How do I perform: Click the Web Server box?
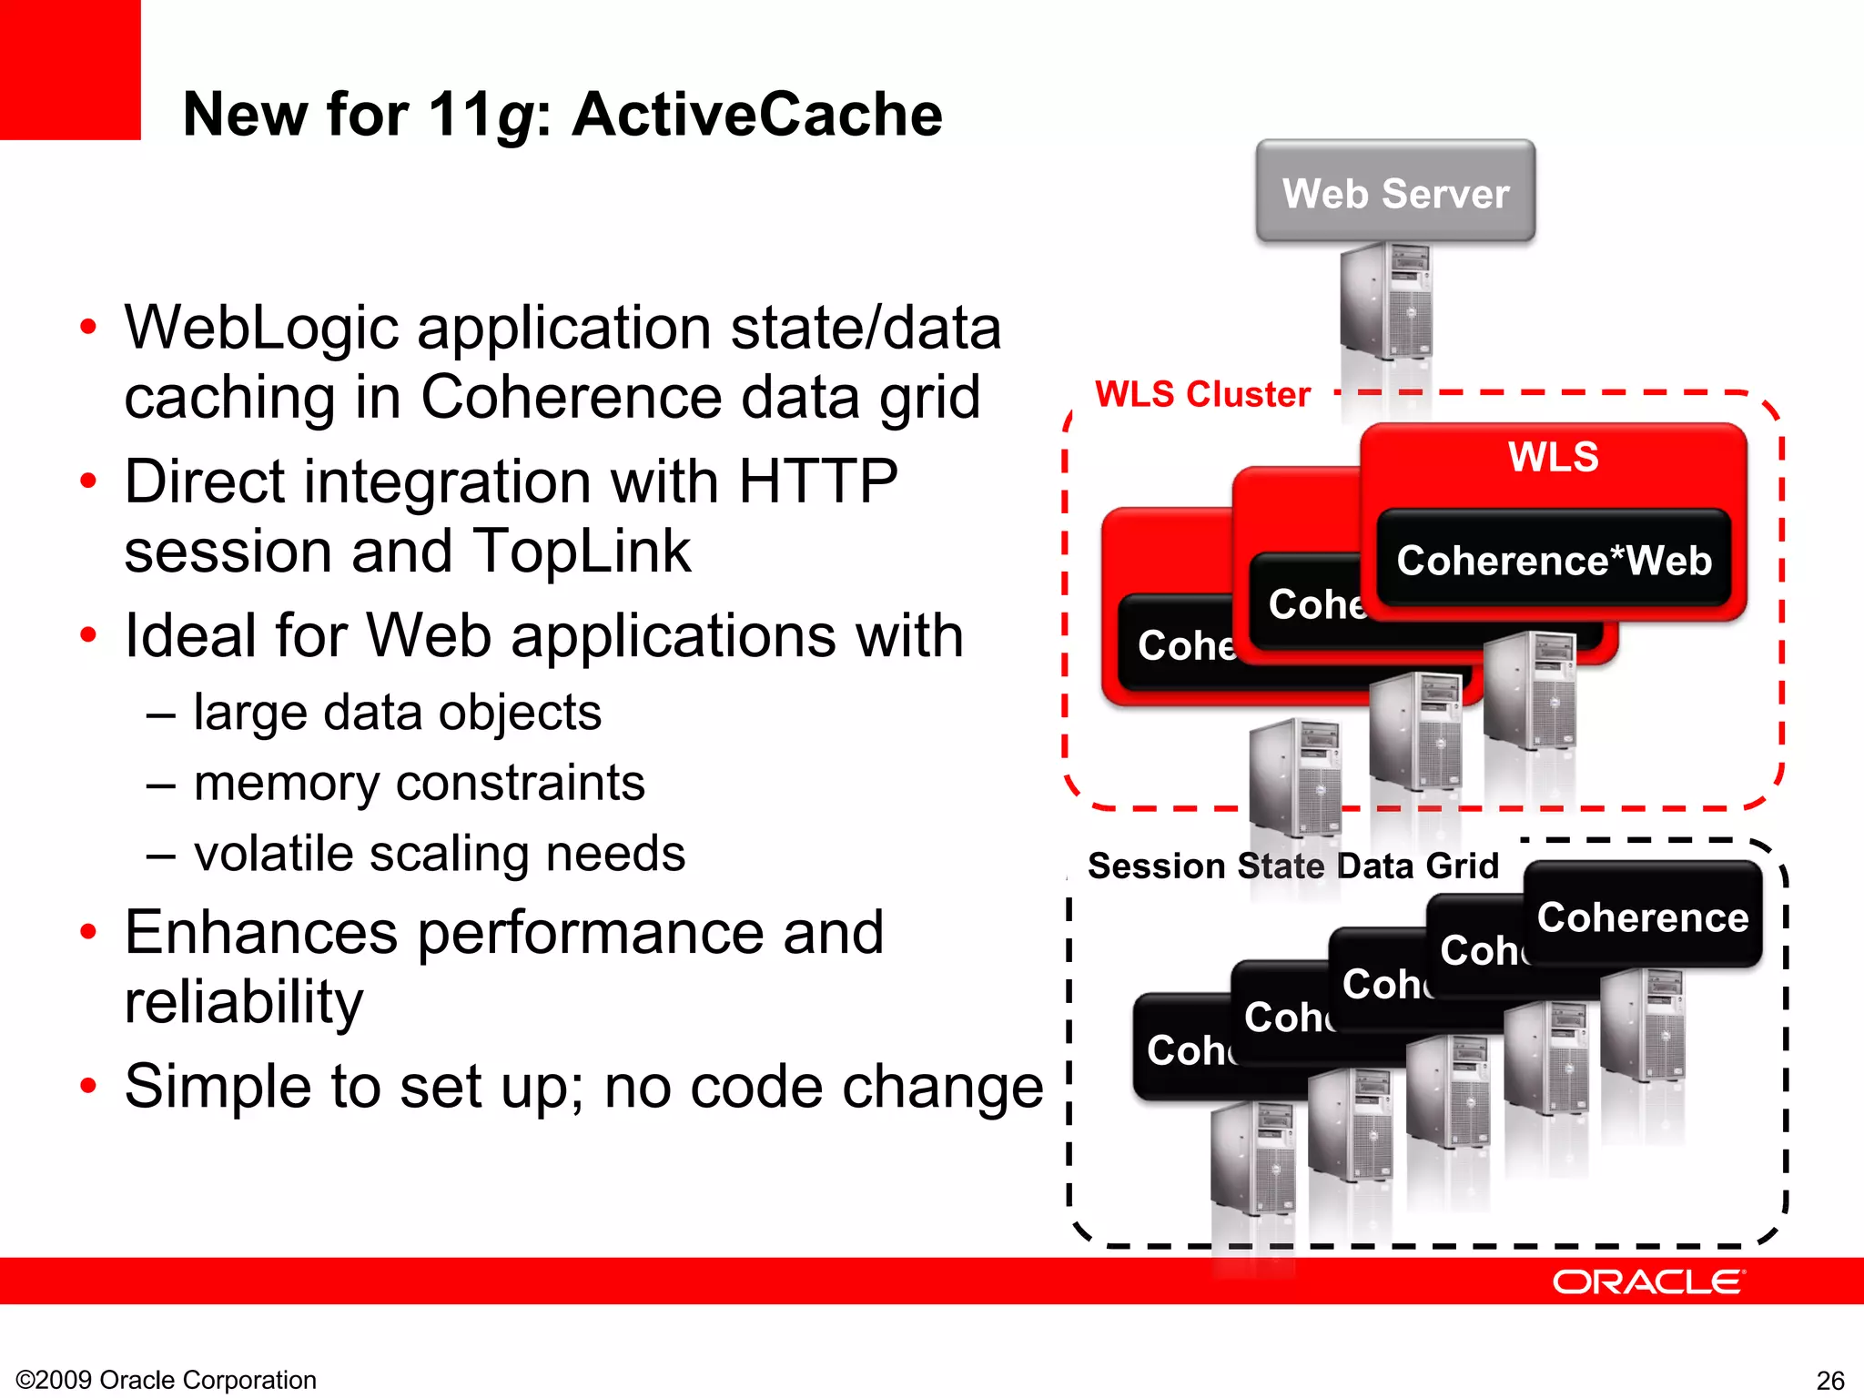click(1394, 192)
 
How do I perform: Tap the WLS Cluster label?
click(1201, 394)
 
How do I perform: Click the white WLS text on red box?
click(1553, 456)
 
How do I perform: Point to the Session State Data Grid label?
click(1292, 866)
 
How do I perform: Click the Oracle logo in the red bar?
click(1648, 1281)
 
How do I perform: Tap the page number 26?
click(1829, 1381)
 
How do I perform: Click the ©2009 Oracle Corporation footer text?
click(167, 1380)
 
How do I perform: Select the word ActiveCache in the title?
click(757, 115)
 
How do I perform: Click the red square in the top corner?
click(69, 69)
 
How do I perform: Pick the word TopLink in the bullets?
click(582, 552)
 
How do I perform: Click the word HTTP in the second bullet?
click(817, 481)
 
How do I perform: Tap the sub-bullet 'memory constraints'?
click(419, 783)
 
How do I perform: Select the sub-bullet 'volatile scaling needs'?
click(439, 854)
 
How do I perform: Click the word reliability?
click(244, 1002)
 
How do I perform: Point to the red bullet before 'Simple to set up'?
click(88, 1086)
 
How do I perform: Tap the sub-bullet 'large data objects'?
click(397, 712)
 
